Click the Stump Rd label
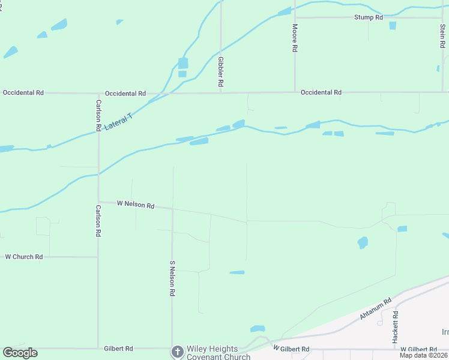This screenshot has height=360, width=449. [x=368, y=18]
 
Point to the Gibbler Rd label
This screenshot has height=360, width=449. [x=221, y=73]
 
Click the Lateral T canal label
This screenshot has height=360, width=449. [x=118, y=122]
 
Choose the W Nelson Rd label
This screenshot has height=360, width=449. [x=135, y=204]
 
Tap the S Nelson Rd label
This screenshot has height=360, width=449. [x=172, y=278]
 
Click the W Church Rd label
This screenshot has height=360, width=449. [x=24, y=257]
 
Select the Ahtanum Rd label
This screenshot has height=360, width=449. [x=376, y=308]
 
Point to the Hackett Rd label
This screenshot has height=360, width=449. [x=395, y=327]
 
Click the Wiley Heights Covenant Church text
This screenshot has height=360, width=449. [x=212, y=353]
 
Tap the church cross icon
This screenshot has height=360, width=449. [x=177, y=352]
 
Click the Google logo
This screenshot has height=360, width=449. [x=20, y=353]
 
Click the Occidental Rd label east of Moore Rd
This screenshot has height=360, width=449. [x=321, y=92]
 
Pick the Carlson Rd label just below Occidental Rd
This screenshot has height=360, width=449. [x=98, y=115]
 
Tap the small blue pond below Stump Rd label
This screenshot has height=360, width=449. [x=393, y=26]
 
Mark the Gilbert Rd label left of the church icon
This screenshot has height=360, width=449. [x=118, y=348]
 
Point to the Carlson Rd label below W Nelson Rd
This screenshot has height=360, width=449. [x=98, y=221]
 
